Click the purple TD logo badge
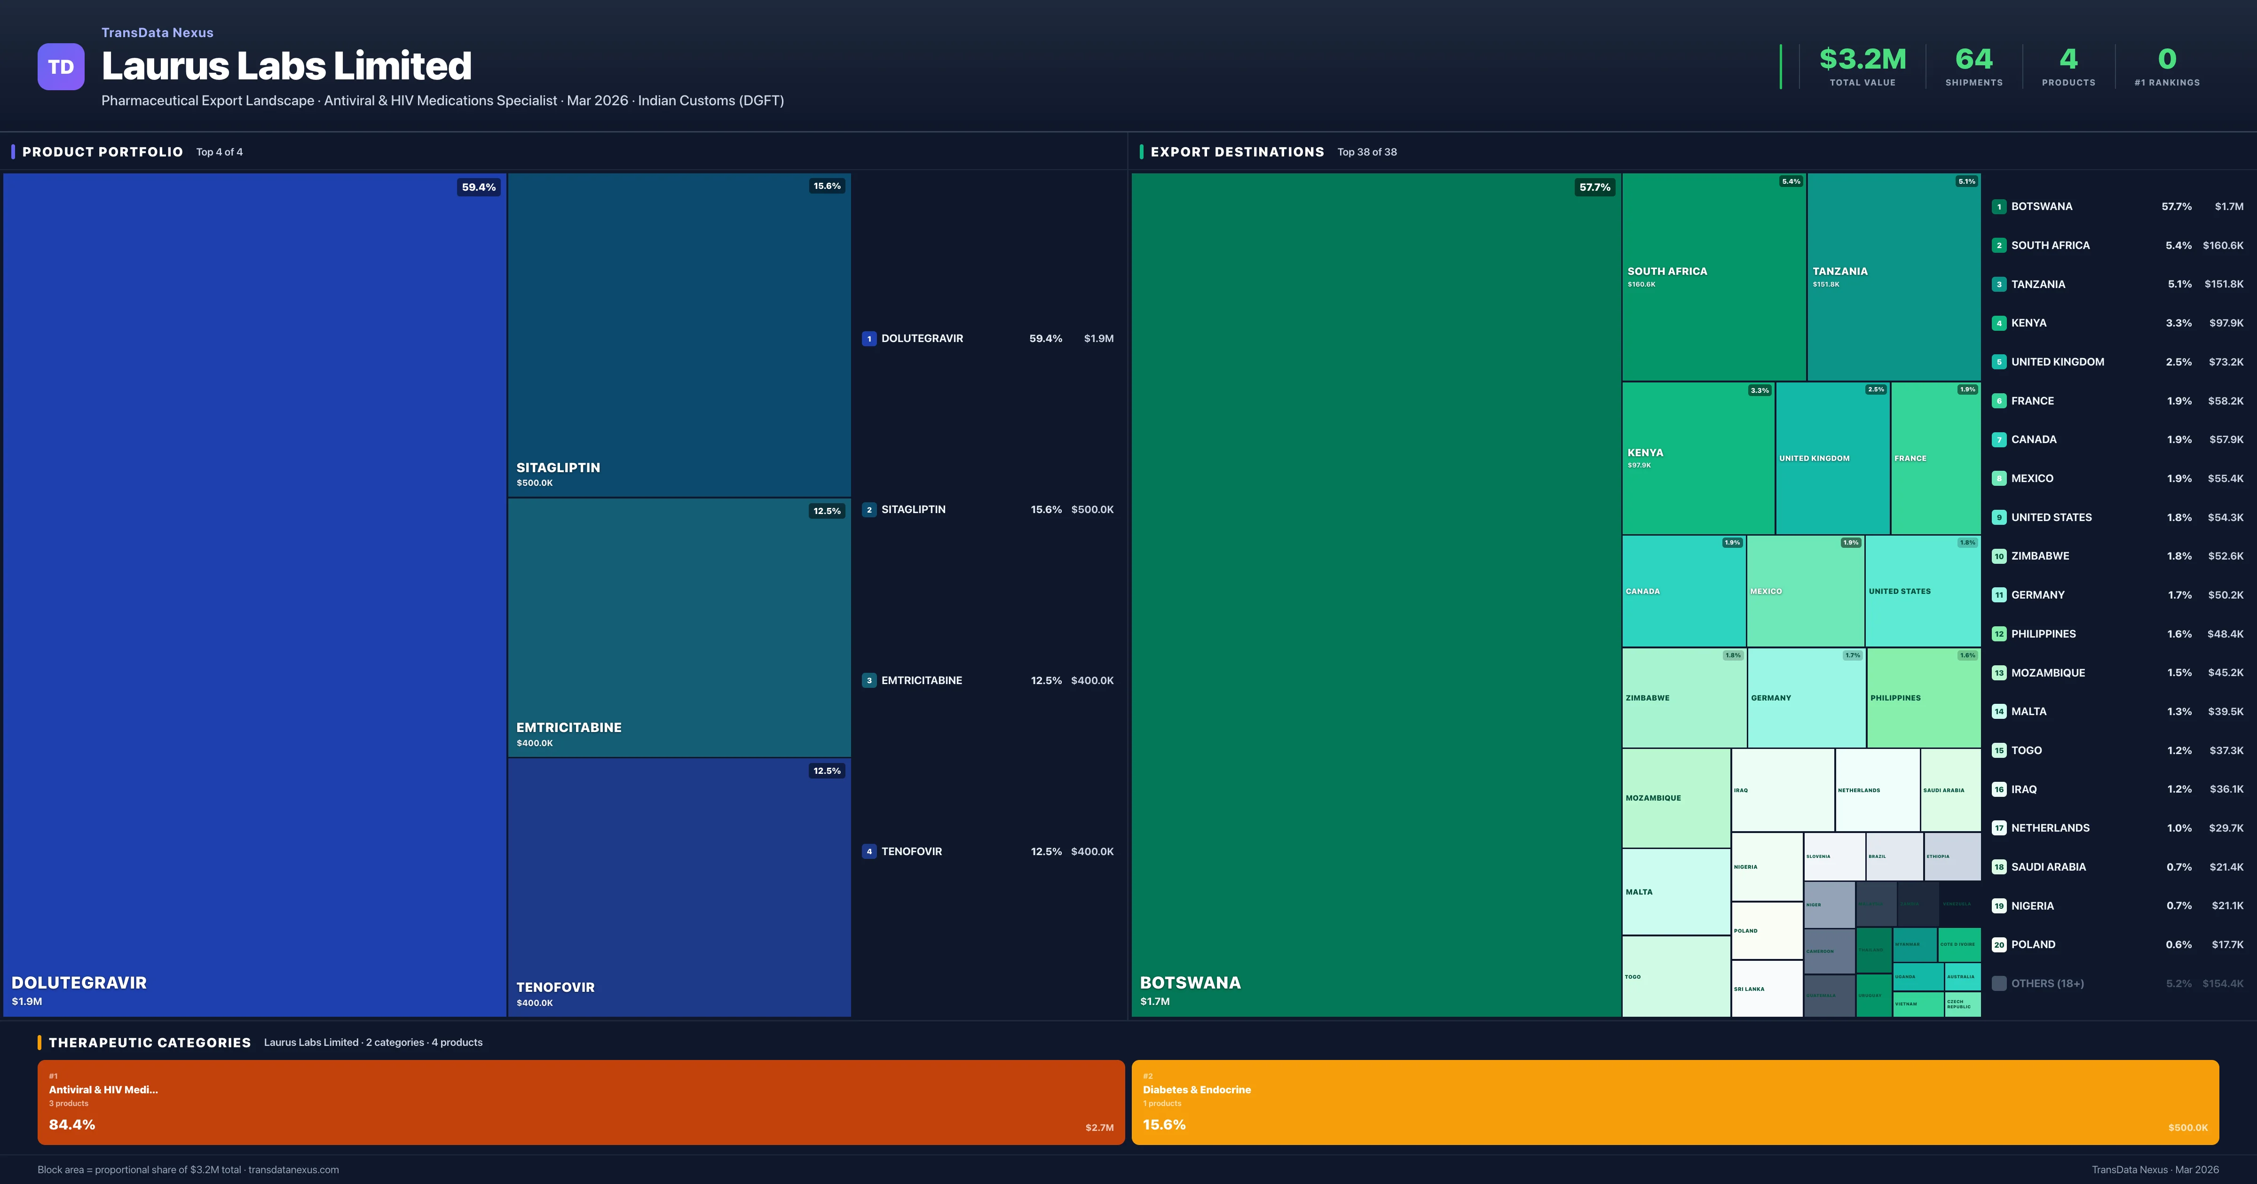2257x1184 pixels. point(61,67)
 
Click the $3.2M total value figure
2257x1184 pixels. point(1862,60)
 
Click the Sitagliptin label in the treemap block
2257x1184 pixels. point(558,467)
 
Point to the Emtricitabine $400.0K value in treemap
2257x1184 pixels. point(535,743)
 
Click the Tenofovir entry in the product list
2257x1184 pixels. point(911,851)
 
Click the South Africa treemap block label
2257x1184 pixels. point(1666,272)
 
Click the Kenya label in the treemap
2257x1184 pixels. point(1645,453)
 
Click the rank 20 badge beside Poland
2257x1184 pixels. point(1998,945)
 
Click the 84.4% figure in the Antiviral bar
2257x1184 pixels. point(72,1124)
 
